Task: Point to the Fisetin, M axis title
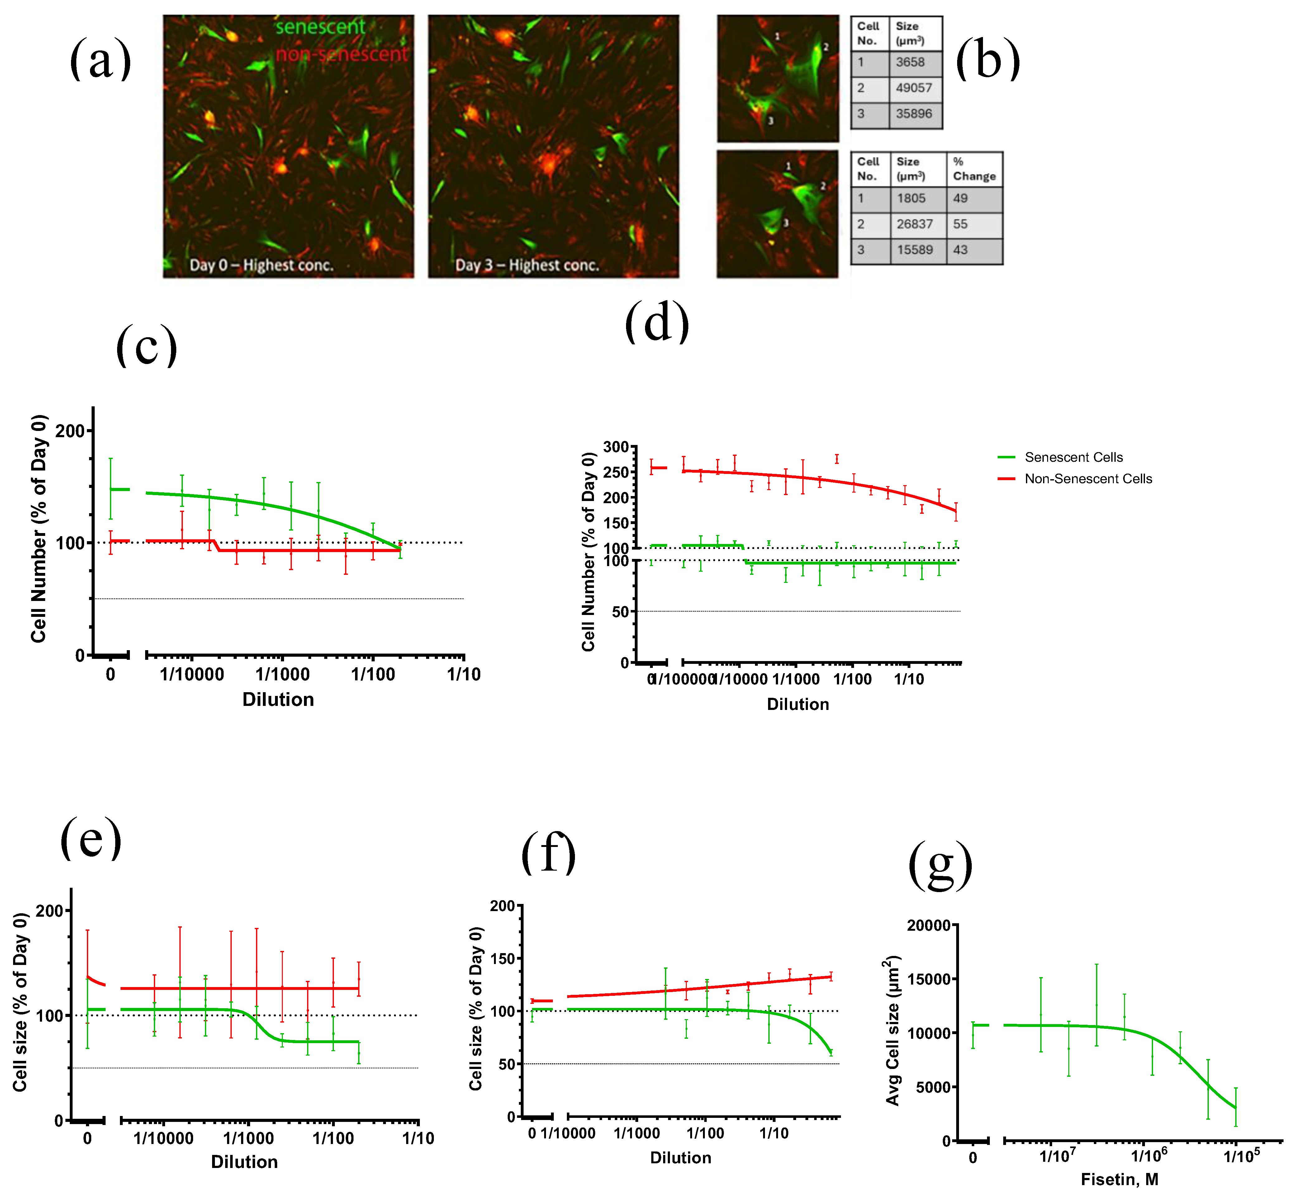1119,1179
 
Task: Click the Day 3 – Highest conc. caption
527,265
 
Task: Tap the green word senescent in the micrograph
320,27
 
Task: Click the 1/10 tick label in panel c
463,674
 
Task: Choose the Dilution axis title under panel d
798,704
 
